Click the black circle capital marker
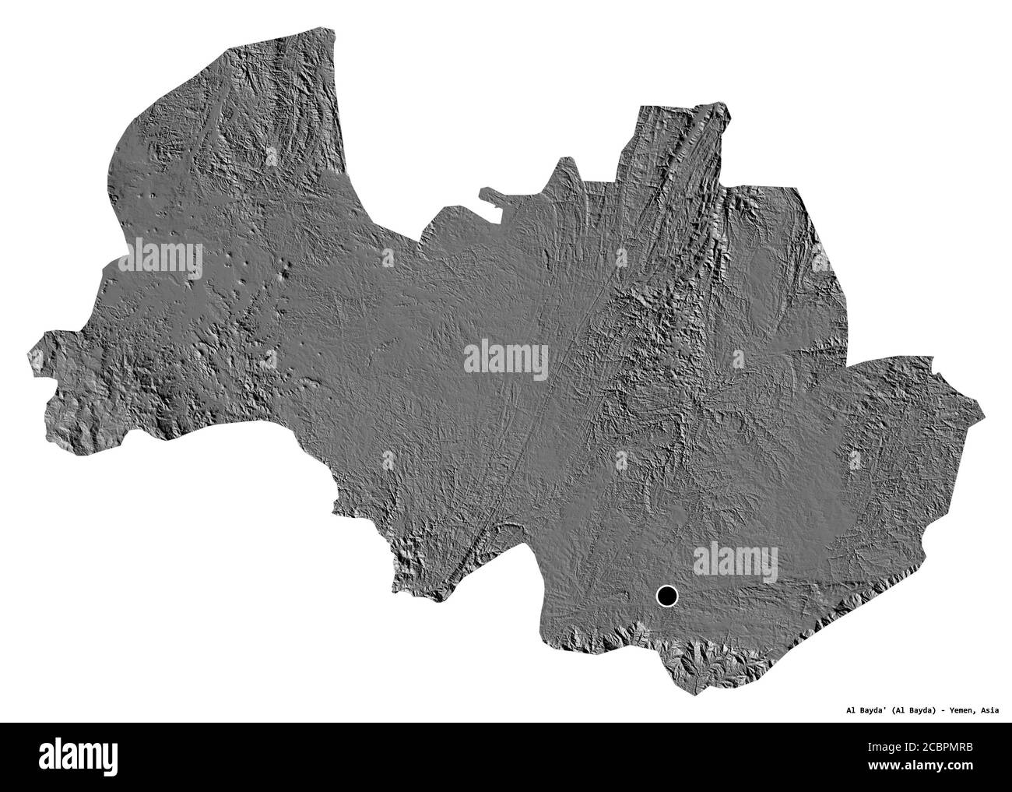point(667,597)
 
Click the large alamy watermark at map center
point(506,359)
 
